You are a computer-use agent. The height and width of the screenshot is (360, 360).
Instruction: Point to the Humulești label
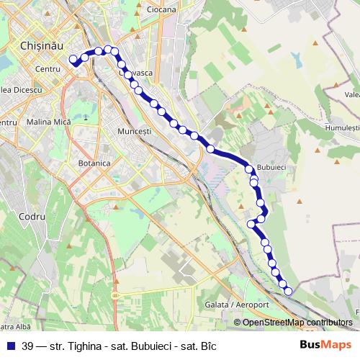pyautogui.click(x=340, y=127)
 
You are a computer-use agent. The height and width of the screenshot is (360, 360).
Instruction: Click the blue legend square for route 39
pyautogui.click(x=11, y=345)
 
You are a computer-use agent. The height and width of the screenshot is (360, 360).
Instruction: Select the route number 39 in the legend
pyautogui.click(x=28, y=345)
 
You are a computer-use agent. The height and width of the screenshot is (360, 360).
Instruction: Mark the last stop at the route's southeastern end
pyautogui.click(x=288, y=291)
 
